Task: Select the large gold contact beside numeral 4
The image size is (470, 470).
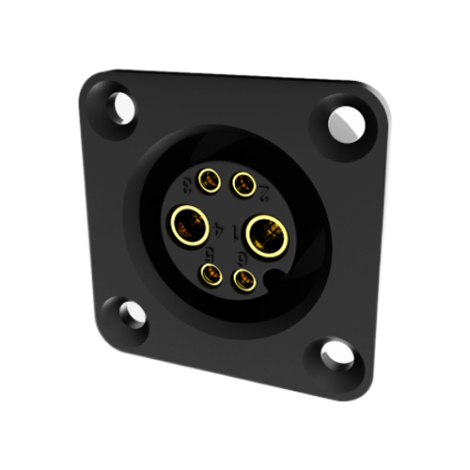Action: pos(187,226)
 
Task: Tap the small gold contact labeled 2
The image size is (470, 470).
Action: pos(244,183)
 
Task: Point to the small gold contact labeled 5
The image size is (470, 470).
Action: pos(208,274)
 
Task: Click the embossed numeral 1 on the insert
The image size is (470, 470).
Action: pos(233,228)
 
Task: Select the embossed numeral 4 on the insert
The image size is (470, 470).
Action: pos(219,227)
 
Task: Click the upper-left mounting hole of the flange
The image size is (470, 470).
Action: pos(118,106)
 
